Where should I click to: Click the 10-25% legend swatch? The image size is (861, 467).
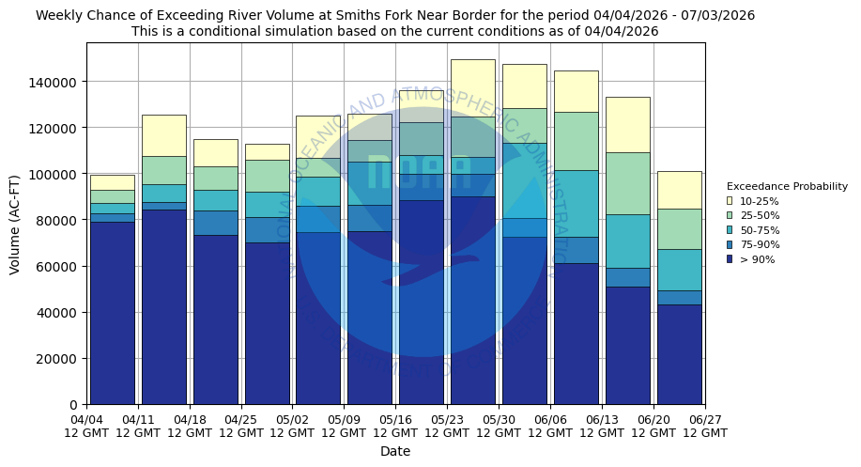click(730, 201)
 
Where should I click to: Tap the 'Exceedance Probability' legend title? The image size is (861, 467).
click(787, 186)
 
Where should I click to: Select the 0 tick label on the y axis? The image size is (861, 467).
click(75, 405)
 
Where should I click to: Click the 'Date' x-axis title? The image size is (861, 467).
click(395, 452)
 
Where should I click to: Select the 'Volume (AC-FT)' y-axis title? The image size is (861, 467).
click(15, 223)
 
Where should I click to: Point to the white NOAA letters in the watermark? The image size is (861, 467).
click(405, 172)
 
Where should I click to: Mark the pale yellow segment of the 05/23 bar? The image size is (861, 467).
click(472, 87)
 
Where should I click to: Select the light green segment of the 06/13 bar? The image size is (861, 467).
click(627, 183)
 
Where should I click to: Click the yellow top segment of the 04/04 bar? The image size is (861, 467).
click(112, 182)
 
